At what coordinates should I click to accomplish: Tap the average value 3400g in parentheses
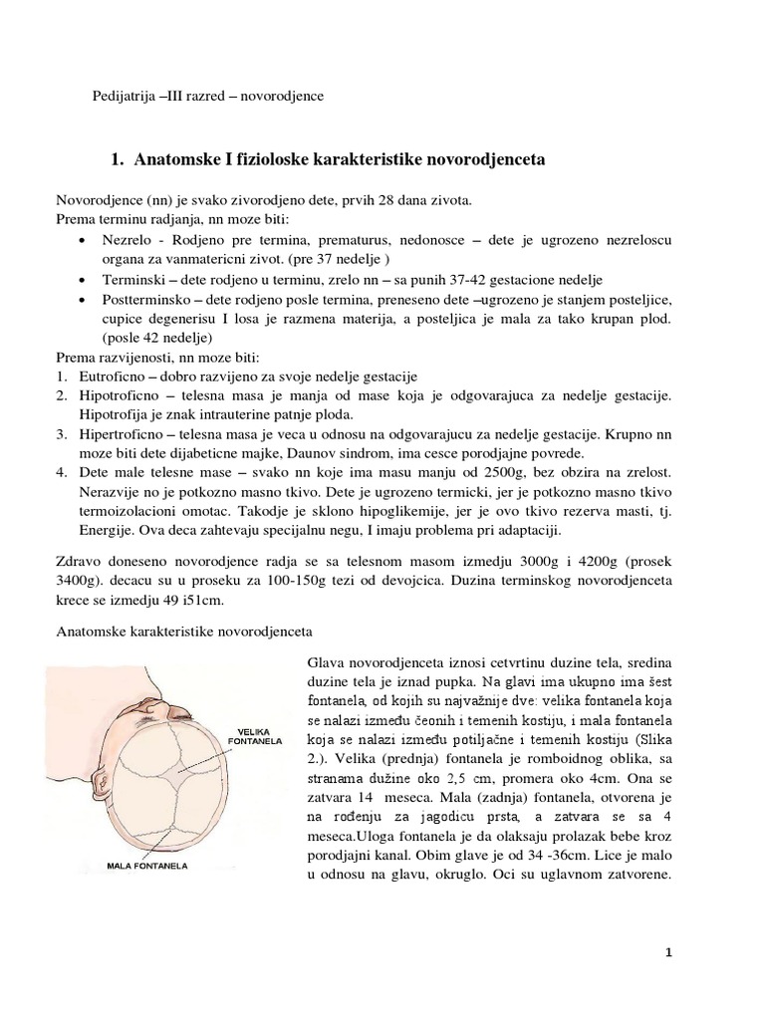point(76,583)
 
